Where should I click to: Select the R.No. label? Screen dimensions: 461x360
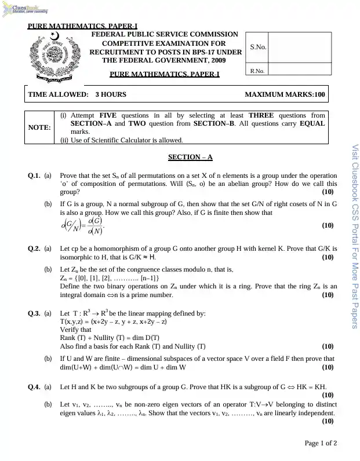coord(257,71)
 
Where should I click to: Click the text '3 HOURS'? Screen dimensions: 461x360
coord(111,94)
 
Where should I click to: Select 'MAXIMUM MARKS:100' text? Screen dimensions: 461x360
coord(285,94)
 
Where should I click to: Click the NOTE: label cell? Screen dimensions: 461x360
coord(39,126)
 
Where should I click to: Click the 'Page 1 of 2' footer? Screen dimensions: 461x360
coord(321,443)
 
